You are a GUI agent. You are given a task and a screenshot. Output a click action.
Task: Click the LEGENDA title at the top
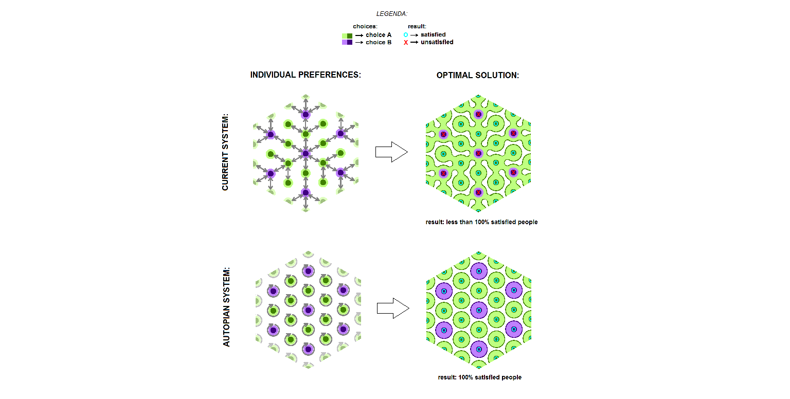coord(391,14)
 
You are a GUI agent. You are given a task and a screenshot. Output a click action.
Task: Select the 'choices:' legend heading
coord(365,26)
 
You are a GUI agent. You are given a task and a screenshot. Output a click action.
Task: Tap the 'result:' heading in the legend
coord(417,26)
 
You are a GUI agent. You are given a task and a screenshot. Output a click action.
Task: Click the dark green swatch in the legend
coord(350,35)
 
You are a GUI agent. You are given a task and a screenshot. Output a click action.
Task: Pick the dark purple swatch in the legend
coord(350,42)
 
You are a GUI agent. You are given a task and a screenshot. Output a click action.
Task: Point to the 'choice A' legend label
coord(379,35)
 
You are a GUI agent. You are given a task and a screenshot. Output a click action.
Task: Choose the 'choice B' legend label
coord(379,42)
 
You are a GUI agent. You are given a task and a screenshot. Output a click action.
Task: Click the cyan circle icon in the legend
coord(406,35)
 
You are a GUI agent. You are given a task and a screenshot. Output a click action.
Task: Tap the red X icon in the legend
coord(406,43)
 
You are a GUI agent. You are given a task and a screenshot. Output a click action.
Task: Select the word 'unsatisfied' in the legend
coord(437,42)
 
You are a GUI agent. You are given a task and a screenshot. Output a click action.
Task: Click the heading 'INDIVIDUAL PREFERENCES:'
coord(306,75)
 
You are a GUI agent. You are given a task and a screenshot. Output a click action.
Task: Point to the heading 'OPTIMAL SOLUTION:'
coord(478,75)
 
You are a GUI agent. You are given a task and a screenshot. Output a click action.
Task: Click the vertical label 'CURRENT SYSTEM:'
coord(225,152)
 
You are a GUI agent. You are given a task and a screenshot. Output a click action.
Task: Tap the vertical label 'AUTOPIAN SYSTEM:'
coord(226,306)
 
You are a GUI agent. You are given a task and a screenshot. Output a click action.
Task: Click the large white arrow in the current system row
coord(391,152)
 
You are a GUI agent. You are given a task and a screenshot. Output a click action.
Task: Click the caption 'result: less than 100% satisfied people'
coord(481,222)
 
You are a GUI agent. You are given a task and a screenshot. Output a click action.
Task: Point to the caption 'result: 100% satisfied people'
coord(479,377)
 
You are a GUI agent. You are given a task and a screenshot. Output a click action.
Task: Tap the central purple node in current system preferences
coord(306,153)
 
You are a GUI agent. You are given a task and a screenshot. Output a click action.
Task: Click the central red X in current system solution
coord(478,153)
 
